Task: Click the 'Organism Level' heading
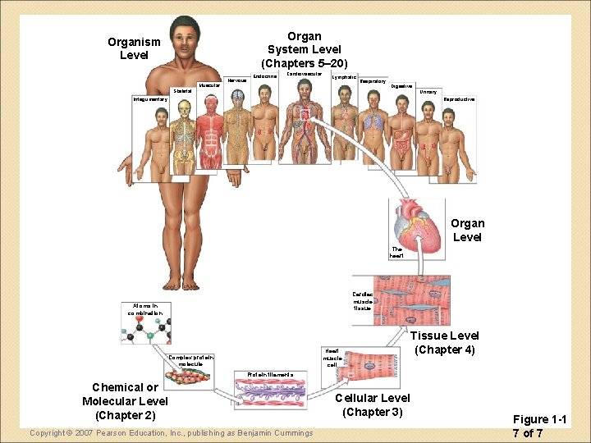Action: click(x=134, y=48)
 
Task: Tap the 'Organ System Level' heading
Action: click(x=304, y=49)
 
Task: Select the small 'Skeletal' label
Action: click(x=182, y=91)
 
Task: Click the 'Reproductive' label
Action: click(x=459, y=99)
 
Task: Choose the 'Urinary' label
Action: click(x=428, y=92)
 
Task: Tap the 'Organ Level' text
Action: click(x=467, y=230)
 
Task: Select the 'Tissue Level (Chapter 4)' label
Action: click(x=444, y=342)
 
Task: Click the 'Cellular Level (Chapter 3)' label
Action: click(x=373, y=404)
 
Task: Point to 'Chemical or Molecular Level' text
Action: click(x=125, y=401)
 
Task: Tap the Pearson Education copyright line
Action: click(x=171, y=432)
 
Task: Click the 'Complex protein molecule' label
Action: click(x=190, y=360)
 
